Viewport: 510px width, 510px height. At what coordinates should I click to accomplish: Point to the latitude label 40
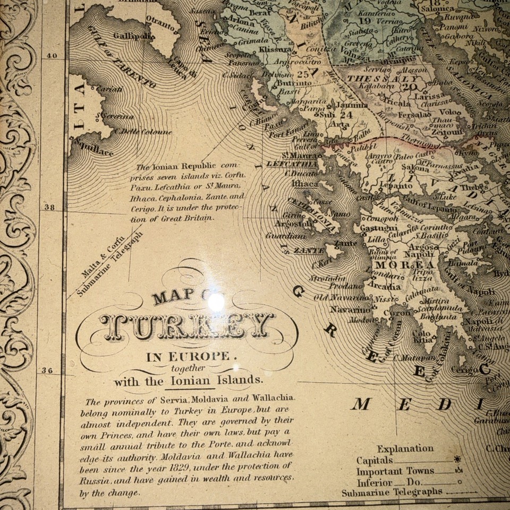tap(52, 55)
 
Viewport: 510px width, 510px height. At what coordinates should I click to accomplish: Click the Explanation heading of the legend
tap(405, 448)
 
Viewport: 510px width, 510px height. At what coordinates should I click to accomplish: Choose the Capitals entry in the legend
tap(375, 460)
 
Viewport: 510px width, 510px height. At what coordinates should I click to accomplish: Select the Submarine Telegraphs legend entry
tap(392, 491)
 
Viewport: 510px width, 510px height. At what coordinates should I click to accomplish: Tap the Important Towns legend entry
tap(395, 471)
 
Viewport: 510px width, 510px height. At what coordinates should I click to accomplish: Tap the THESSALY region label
tap(375, 78)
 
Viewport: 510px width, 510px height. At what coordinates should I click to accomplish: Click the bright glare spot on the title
tap(216, 301)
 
